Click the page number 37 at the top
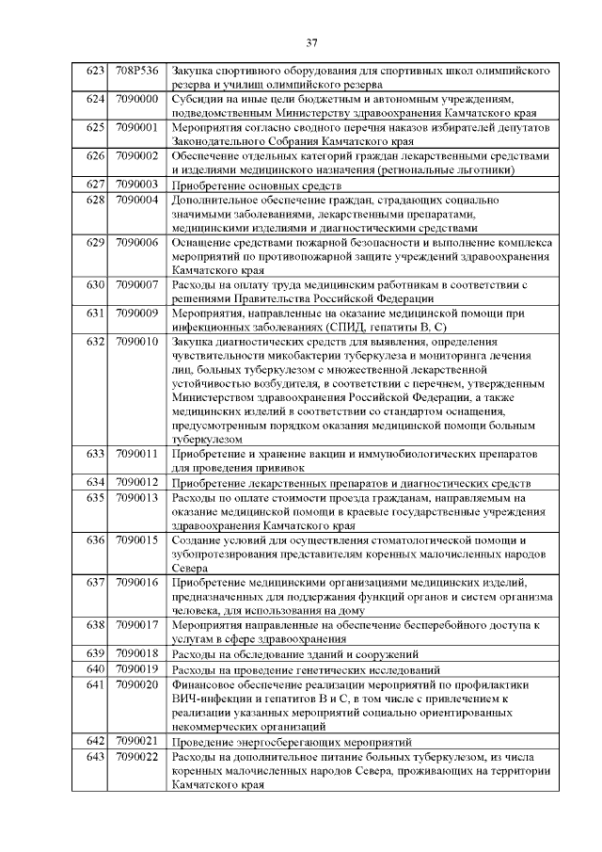coord(311,42)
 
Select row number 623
coord(94,72)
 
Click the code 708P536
coord(136,72)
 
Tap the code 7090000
coord(136,99)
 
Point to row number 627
coord(94,185)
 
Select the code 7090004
coord(136,200)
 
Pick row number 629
coord(94,242)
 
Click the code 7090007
coord(136,284)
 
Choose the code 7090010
coord(136,341)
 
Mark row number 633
coord(94,454)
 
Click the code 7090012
coord(136,482)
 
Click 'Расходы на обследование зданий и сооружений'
coord(294,653)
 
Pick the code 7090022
coord(136,757)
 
